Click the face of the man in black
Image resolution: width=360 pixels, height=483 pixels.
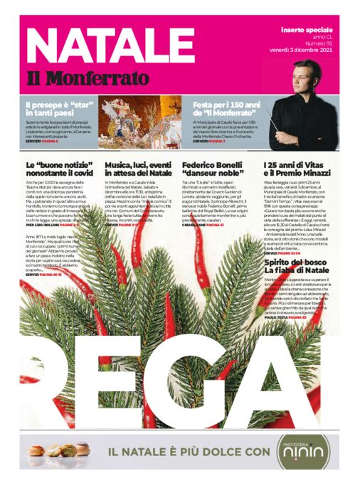(307, 76)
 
